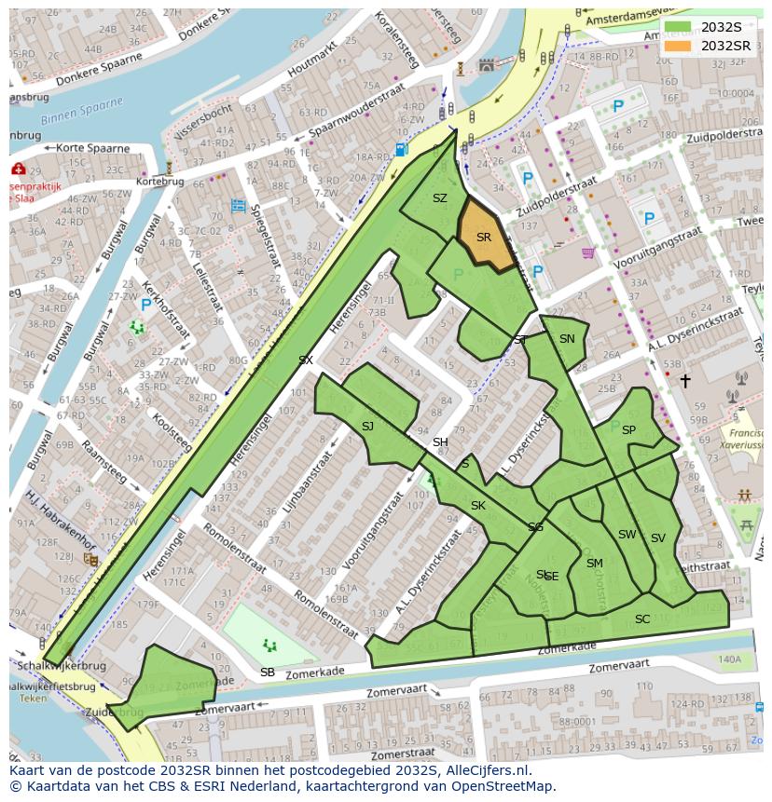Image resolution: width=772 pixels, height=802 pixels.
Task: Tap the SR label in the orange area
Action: coord(483,238)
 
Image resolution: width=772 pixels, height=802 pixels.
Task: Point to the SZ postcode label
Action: coord(440,198)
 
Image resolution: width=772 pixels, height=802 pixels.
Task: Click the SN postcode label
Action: coord(567,339)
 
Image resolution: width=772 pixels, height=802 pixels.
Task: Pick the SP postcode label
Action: coord(628,430)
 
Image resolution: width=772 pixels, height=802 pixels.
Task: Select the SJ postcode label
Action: coord(367,427)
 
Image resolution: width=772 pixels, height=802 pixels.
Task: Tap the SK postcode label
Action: coord(478,506)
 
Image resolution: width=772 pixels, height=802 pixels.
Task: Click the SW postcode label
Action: coord(627,535)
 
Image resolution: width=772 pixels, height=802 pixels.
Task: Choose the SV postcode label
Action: coord(658,538)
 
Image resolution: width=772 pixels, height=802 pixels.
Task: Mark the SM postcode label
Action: coord(594,564)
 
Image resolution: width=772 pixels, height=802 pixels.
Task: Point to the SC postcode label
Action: coord(642,619)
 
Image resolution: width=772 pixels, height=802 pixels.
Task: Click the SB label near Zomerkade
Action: coord(268,673)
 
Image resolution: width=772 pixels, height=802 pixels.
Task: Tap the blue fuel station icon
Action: coord(401,148)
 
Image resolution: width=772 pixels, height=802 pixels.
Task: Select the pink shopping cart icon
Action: coord(588,252)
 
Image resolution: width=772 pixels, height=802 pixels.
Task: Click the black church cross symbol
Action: coord(685,380)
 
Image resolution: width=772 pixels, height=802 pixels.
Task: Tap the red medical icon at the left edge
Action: coord(18,170)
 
